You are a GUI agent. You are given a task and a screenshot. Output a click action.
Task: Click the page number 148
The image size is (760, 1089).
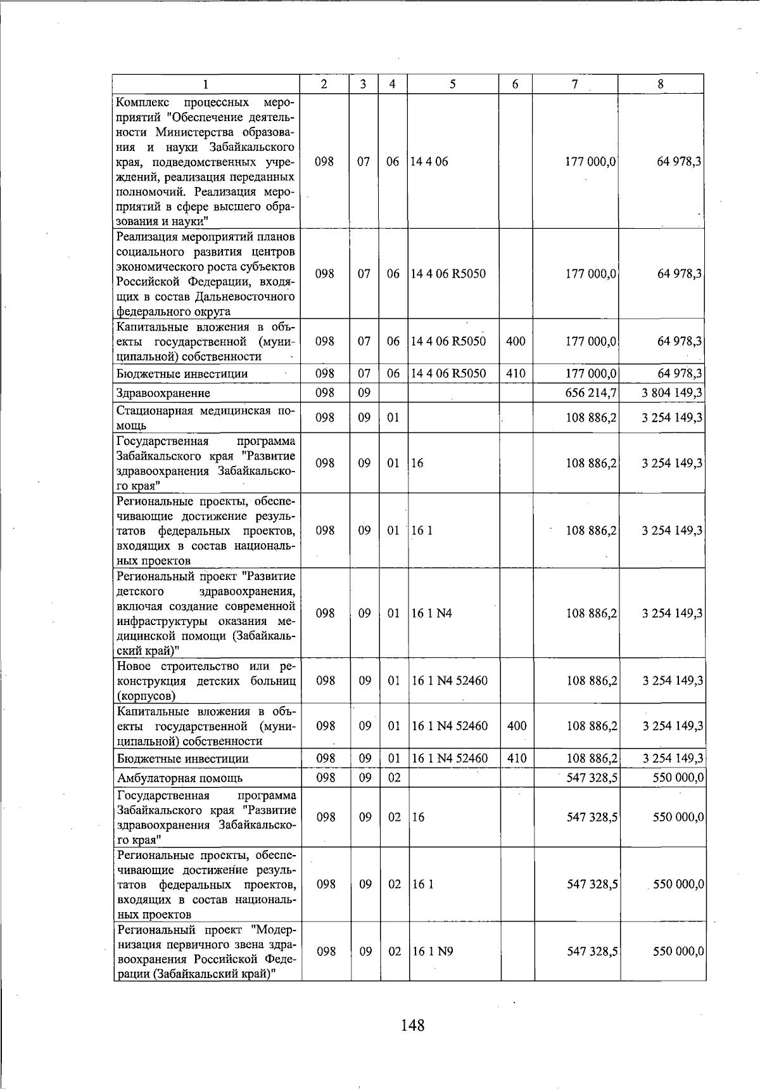(412, 1024)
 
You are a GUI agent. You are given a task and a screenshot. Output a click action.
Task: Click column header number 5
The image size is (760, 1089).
(452, 84)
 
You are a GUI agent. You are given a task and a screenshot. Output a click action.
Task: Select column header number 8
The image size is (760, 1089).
(661, 84)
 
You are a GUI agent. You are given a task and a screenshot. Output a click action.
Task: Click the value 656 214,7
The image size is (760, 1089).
(591, 393)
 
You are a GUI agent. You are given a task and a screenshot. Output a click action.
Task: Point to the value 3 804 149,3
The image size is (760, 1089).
(671, 393)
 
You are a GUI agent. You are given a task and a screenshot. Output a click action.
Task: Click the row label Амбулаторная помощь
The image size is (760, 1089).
(179, 778)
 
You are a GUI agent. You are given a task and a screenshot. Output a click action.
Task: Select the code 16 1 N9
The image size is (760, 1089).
(433, 951)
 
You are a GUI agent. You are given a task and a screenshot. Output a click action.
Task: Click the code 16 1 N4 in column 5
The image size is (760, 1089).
(432, 614)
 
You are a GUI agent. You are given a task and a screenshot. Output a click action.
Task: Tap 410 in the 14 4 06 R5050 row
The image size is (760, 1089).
(516, 373)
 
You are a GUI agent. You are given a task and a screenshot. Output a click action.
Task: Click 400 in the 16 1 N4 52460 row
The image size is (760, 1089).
(517, 726)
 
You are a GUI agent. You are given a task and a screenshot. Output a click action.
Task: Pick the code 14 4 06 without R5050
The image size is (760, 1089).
(429, 162)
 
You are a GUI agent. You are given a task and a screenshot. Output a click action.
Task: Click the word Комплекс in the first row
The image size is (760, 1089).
(141, 102)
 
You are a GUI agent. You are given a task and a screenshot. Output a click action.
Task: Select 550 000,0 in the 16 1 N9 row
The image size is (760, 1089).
(678, 951)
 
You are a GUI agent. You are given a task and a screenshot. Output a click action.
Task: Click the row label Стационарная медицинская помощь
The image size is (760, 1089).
(205, 418)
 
